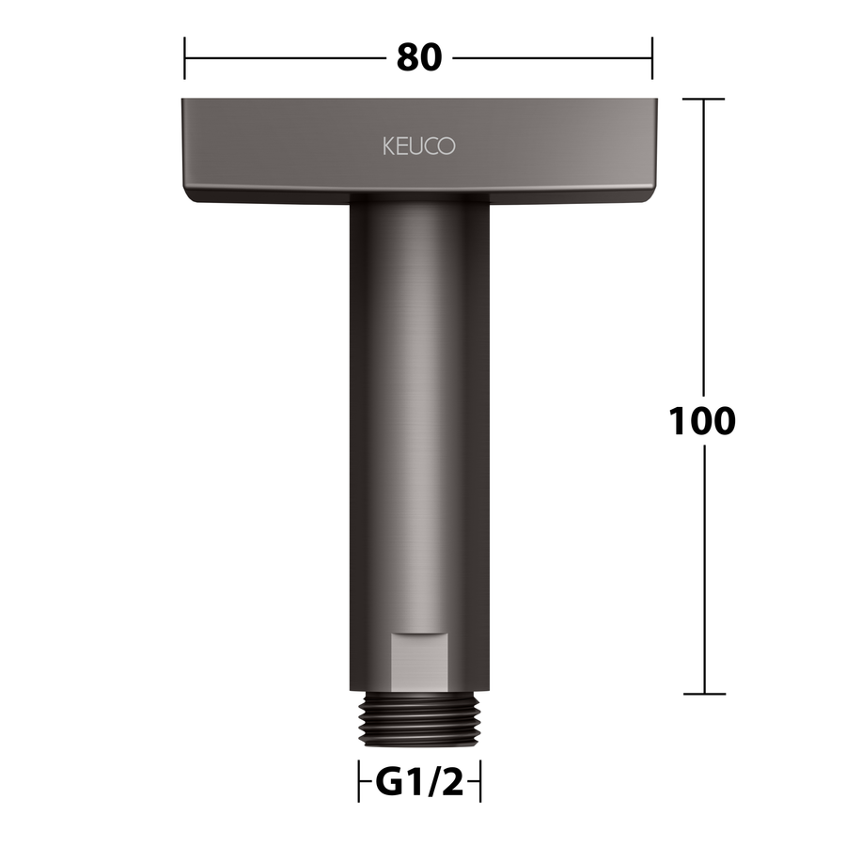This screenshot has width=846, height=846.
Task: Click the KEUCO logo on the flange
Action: click(419, 147)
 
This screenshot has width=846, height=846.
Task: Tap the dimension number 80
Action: click(419, 57)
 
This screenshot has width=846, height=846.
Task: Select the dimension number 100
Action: click(702, 421)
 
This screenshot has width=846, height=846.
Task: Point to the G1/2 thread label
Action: click(419, 782)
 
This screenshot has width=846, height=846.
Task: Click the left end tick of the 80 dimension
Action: click(184, 57)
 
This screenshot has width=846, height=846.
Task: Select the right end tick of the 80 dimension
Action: click(651, 57)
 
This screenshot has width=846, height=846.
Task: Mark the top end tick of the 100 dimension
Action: click(703, 100)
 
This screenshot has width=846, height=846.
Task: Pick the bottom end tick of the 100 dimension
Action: click(704, 694)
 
